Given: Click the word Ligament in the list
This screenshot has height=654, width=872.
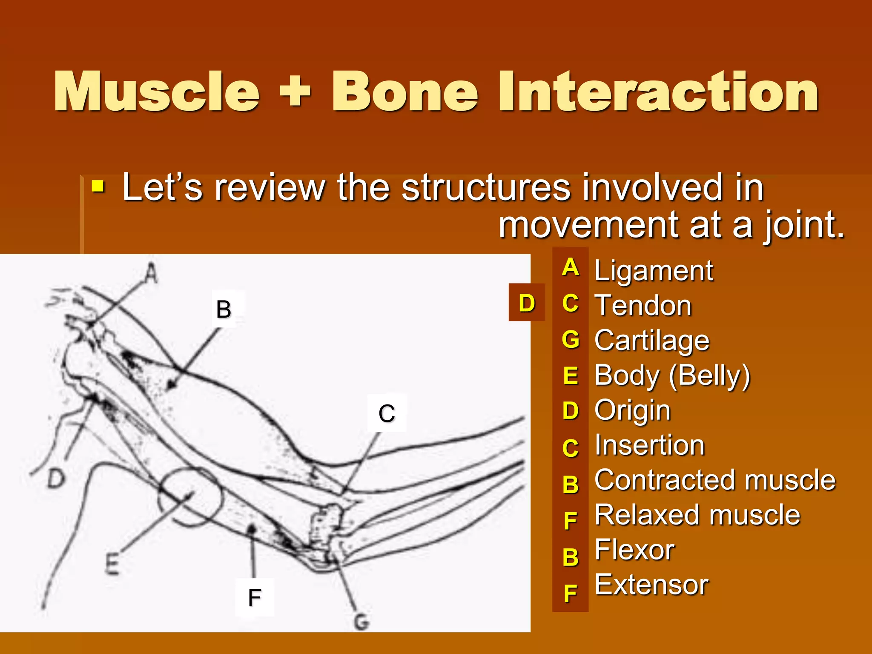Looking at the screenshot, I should (x=653, y=271).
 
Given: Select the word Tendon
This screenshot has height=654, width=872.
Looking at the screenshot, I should (x=643, y=306).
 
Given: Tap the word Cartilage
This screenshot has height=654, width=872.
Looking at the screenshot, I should (x=652, y=341).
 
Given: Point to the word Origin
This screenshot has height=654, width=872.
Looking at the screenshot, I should (x=632, y=410).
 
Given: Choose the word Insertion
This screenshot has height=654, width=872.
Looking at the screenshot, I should (x=649, y=445).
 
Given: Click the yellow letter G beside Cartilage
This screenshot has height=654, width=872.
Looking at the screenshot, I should (x=571, y=340).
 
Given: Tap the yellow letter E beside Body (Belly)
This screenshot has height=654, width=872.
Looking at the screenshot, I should (x=571, y=376).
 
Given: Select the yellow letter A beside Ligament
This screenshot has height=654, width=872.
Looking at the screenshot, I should (x=571, y=267).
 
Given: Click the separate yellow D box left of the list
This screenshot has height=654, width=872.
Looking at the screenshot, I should (x=527, y=303).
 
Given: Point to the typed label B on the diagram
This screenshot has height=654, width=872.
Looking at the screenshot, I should (x=224, y=309).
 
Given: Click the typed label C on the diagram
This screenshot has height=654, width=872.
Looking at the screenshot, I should (x=387, y=413).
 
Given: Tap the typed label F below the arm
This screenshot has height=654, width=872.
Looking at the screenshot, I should (x=254, y=597).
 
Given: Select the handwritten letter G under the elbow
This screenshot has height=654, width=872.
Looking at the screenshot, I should (x=361, y=622).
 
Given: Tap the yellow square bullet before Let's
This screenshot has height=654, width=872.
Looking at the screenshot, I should (x=98, y=186).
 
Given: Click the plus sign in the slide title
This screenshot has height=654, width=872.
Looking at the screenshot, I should (x=295, y=92).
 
